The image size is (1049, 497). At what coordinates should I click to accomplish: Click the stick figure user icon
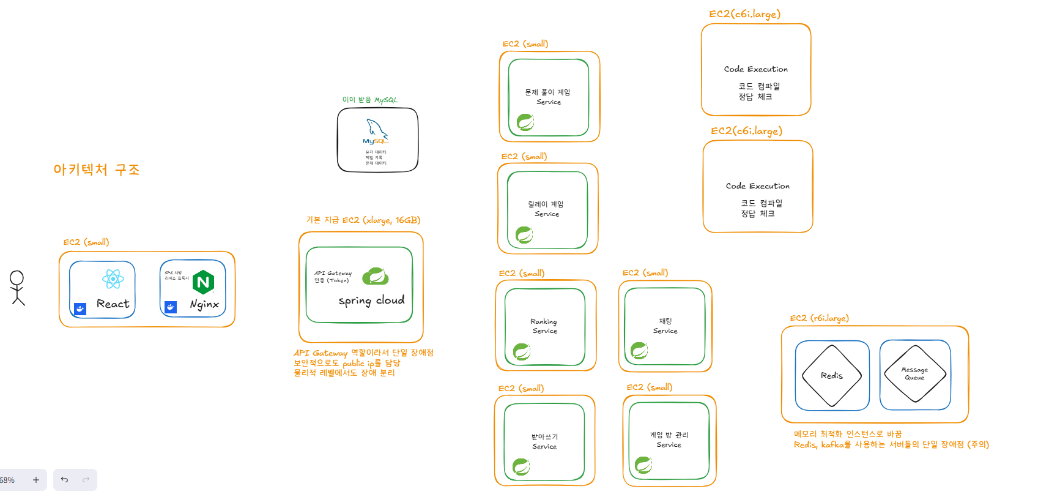(17, 288)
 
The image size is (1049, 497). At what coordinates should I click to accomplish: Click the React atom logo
(113, 280)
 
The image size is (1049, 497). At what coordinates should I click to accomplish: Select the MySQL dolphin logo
(376, 130)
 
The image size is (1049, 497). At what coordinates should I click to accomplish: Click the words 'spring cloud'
(371, 301)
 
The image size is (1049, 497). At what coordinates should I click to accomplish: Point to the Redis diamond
(832, 375)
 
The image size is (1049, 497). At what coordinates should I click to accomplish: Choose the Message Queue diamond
(914, 373)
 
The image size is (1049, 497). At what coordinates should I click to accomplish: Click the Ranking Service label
(544, 326)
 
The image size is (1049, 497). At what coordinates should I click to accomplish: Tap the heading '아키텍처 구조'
(97, 170)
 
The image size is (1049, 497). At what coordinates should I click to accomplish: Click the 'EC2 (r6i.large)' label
(819, 318)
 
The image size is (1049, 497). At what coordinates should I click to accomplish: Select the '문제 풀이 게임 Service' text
(547, 97)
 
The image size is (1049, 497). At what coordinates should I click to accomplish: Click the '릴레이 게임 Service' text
(546, 209)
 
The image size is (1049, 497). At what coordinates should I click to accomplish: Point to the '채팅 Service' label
(665, 326)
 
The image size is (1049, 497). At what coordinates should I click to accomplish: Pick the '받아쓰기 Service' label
(544, 441)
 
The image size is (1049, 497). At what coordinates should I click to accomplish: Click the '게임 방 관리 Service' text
(669, 439)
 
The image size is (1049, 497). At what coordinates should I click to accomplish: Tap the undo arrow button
(64, 480)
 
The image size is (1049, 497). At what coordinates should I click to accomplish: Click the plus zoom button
(36, 480)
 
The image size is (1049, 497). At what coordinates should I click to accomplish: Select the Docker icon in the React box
(80, 309)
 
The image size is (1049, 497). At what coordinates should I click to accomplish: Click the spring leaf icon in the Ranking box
(522, 352)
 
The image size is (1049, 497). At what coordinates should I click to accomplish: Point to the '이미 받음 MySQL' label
(369, 100)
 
